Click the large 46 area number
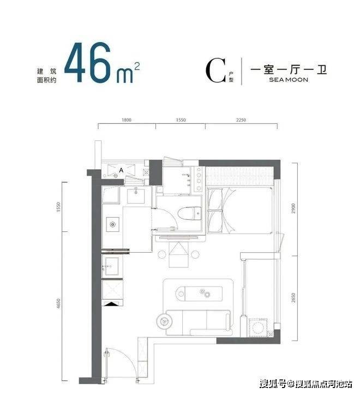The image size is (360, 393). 88,62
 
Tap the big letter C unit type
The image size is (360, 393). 215,70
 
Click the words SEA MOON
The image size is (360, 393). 289,80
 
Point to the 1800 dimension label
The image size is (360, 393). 127,120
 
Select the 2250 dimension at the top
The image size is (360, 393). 241,120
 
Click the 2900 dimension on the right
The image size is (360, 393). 293,209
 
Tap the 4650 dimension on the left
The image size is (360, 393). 58,303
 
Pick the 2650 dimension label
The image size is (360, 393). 293,298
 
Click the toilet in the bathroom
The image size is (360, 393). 189,213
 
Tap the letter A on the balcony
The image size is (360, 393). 121,170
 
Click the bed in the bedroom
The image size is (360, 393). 240,211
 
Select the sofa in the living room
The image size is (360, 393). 198,323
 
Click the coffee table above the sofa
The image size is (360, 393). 199,294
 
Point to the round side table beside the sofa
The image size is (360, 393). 164,321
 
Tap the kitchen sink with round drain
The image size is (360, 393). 113,224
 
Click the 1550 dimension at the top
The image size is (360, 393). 181,120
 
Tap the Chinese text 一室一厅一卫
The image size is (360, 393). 289,69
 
